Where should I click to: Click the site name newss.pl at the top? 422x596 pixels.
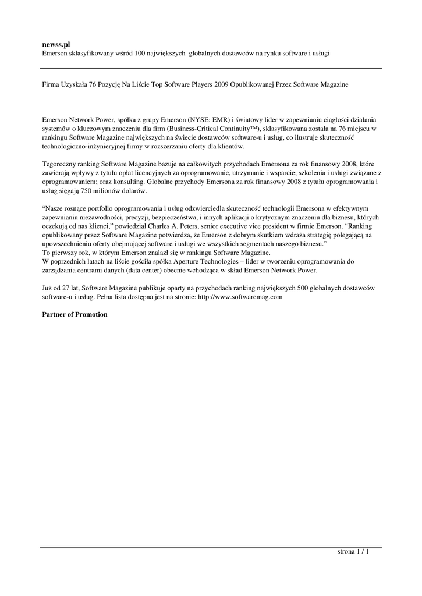click(x=56, y=44)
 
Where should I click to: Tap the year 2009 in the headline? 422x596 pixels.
click(x=222, y=84)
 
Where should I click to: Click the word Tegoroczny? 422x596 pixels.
click(x=61, y=164)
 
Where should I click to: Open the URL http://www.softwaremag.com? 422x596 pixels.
click(x=240, y=297)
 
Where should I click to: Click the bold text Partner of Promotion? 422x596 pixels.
click(x=75, y=315)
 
